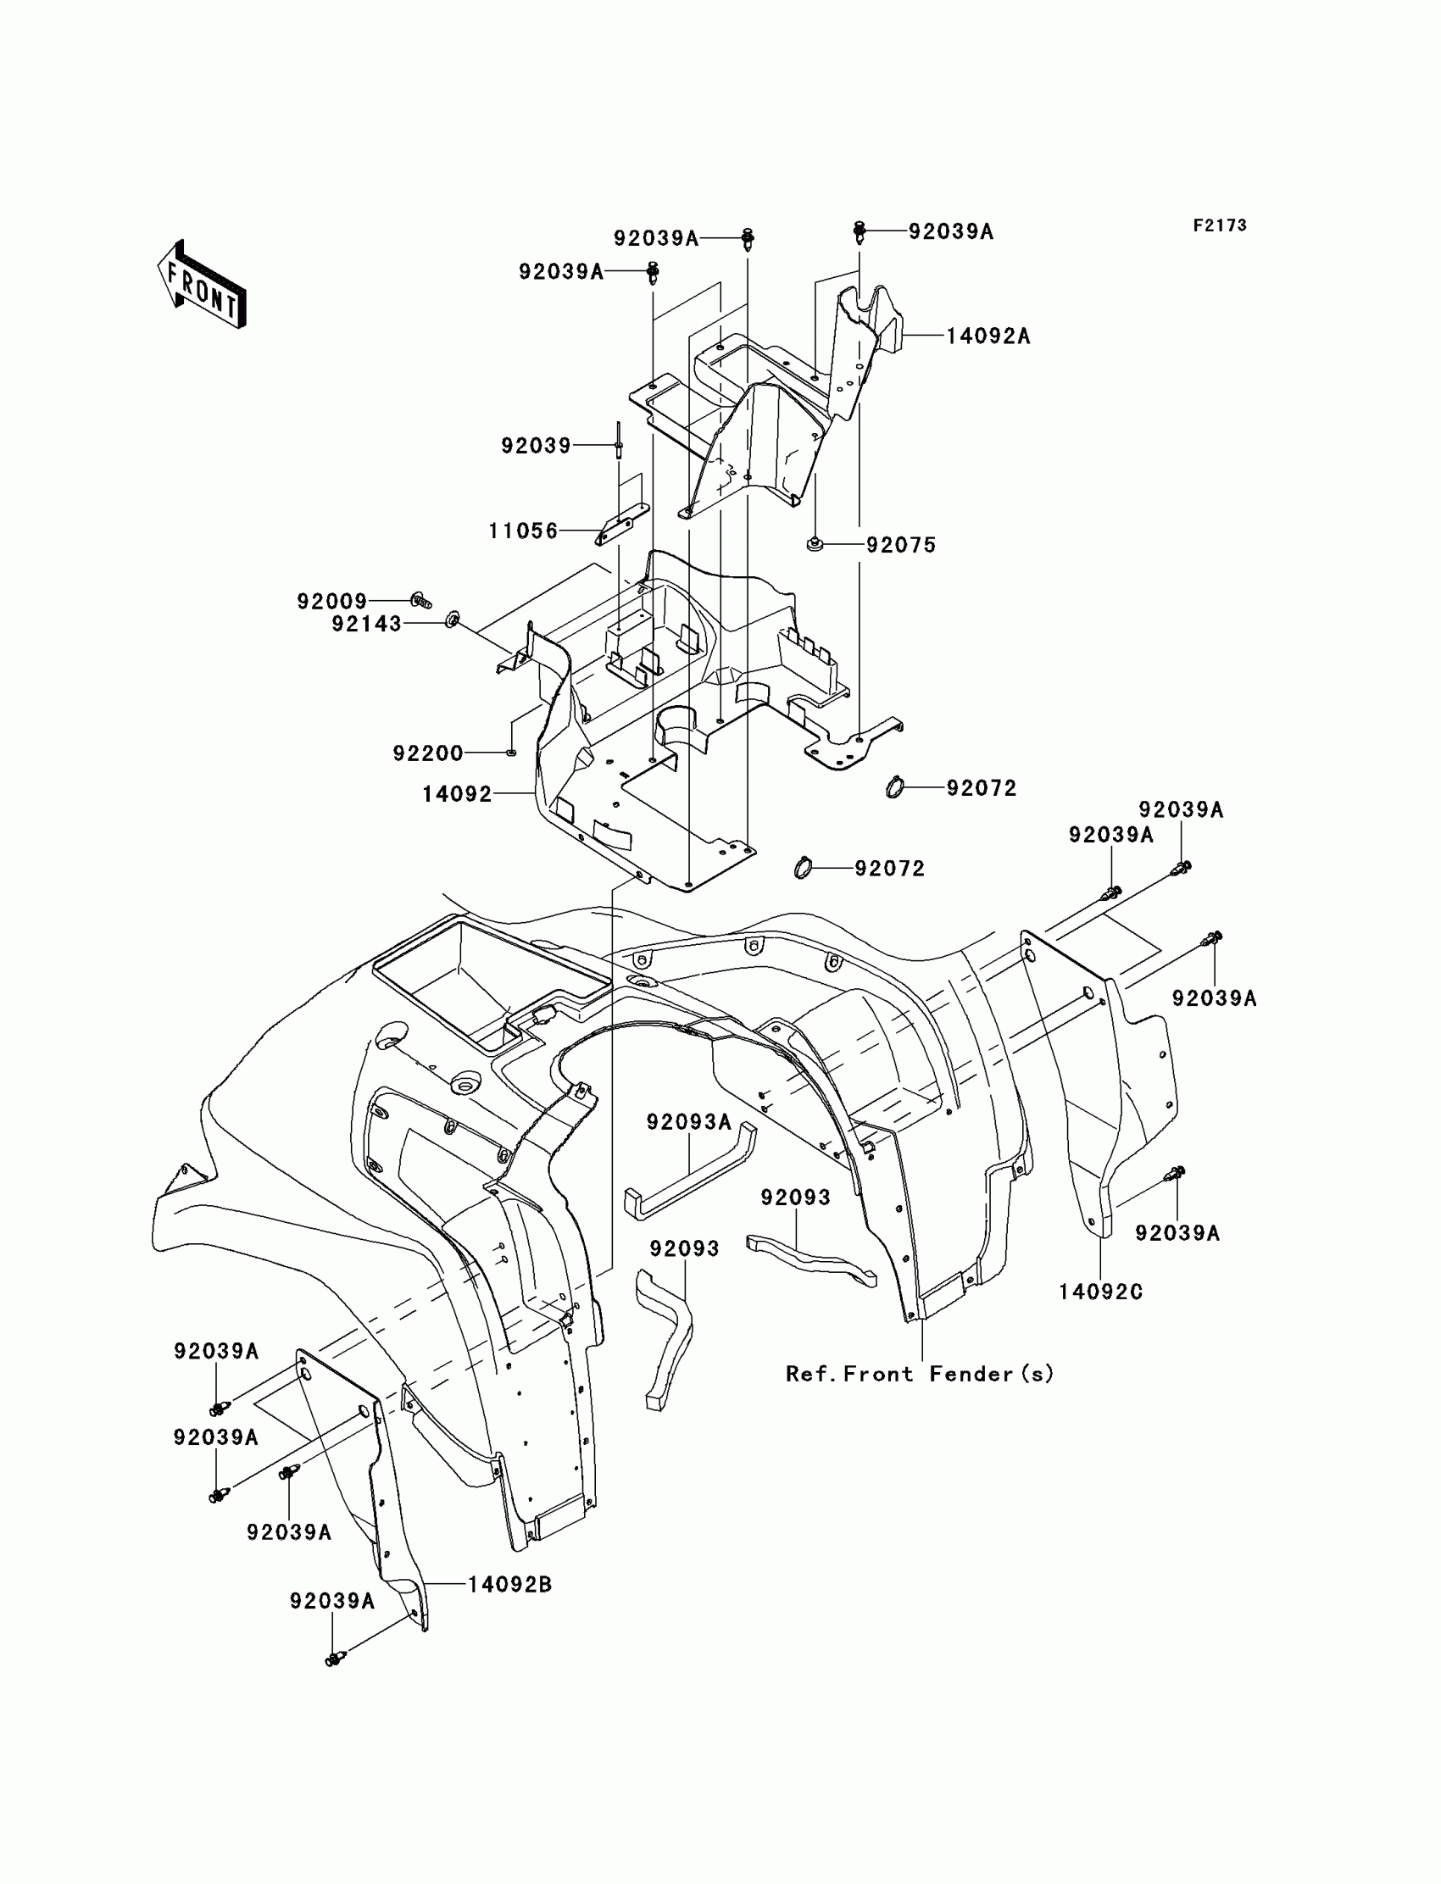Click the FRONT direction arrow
pyautogui.click(x=202, y=286)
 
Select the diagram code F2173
pyautogui.click(x=1220, y=225)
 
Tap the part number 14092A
pyautogui.click(x=988, y=336)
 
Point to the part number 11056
pyautogui.click(x=523, y=531)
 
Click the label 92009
pyautogui.click(x=332, y=601)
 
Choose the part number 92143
pyautogui.click(x=366, y=625)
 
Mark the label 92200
pyautogui.click(x=428, y=753)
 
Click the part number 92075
pyautogui.click(x=900, y=546)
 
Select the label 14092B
pyautogui.click(x=509, y=1585)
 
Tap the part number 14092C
pyautogui.click(x=1100, y=1292)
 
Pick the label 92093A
pyautogui.click(x=689, y=1121)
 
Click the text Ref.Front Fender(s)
pyautogui.click(x=920, y=1374)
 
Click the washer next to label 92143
pyautogui.click(x=453, y=619)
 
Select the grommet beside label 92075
pyautogui.click(x=815, y=544)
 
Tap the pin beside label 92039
pyautogui.click(x=618, y=442)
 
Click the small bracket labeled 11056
pyautogui.click(x=622, y=523)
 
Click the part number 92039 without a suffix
pyautogui.click(x=536, y=446)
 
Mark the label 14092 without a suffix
pyautogui.click(x=456, y=794)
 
